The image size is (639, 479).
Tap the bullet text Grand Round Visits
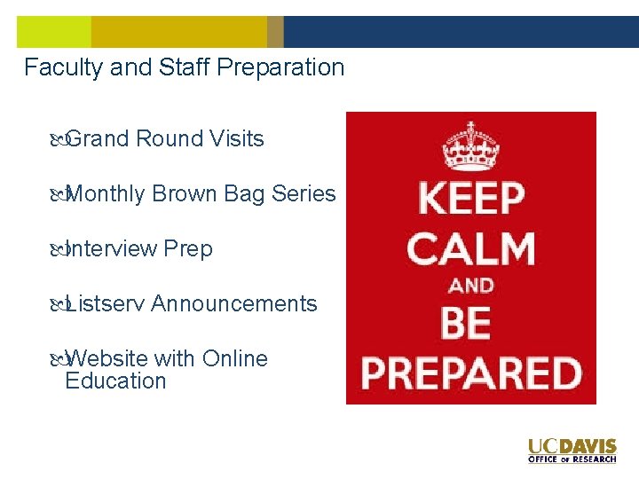click(164, 139)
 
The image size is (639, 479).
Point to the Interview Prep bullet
click(138, 249)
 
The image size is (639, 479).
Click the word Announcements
click(233, 304)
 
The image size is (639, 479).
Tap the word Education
click(115, 381)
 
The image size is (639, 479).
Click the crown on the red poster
click(470, 145)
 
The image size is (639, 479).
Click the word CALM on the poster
click(470, 249)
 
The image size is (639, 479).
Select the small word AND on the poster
click(470, 286)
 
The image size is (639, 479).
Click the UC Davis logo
click(572, 446)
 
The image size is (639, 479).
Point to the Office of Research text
click(572, 459)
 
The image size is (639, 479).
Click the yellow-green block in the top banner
click(53, 32)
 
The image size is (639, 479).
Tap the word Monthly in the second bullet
click(105, 194)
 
